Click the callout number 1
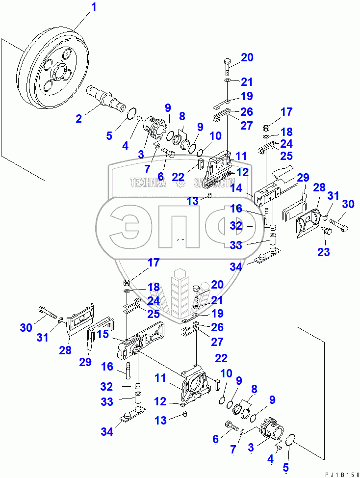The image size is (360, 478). [94, 7]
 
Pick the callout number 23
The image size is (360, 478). [324, 252]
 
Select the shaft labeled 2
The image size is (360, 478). [105, 96]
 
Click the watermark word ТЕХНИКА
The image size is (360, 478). [149, 183]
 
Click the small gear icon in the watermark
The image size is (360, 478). [180, 184]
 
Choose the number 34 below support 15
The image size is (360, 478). [107, 432]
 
